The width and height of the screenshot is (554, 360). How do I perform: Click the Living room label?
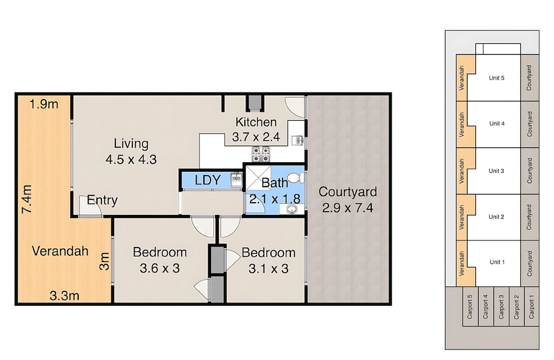[131, 144]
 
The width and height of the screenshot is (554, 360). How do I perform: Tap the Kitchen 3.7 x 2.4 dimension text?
[256, 137]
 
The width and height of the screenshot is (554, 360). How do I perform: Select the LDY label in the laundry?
[208, 180]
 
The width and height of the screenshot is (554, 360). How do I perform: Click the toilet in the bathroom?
[295, 177]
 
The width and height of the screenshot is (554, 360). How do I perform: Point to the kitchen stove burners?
[261, 155]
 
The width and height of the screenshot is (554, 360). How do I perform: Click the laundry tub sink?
[236, 179]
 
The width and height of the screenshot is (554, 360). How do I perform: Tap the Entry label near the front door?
[102, 200]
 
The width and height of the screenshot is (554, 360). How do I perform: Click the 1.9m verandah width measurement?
[44, 104]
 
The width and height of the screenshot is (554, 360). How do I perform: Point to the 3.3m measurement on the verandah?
[64, 295]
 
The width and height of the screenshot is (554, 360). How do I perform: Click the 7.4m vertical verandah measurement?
[27, 199]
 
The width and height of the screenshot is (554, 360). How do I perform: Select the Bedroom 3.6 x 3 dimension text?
[160, 268]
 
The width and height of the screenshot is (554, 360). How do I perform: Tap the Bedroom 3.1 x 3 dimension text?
[269, 269]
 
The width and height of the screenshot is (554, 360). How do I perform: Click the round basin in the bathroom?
[291, 209]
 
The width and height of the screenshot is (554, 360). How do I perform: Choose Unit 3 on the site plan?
[496, 171]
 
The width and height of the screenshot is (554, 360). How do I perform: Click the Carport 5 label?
[470, 307]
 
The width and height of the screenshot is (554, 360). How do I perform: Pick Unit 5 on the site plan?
[496, 78]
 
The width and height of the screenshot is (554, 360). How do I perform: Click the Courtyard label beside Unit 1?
[529, 264]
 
